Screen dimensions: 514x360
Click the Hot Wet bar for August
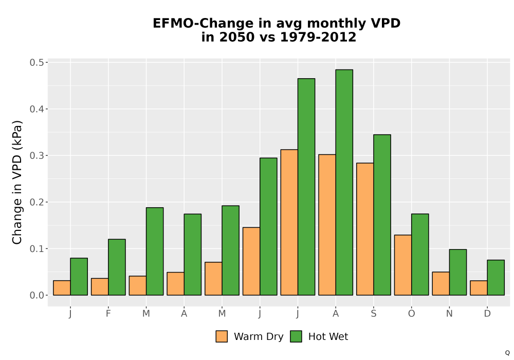(344, 182)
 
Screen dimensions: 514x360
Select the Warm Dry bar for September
(365, 229)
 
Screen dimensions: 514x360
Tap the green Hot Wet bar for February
(117, 267)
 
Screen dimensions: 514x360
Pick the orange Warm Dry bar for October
(403, 265)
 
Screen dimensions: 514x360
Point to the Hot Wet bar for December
(495, 278)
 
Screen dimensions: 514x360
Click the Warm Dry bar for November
(441, 283)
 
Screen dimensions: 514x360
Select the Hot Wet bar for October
(420, 255)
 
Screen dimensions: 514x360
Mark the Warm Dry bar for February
(100, 287)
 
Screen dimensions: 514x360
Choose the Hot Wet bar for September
(382, 215)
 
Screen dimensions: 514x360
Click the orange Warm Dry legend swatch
(222, 336)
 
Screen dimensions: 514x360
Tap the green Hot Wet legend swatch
(296, 336)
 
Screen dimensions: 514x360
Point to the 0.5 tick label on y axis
(36, 62)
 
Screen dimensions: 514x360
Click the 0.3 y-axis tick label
(36, 155)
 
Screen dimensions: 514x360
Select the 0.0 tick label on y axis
(36, 295)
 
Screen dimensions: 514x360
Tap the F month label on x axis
(108, 314)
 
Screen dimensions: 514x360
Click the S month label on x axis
(373, 314)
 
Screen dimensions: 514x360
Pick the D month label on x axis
(487, 314)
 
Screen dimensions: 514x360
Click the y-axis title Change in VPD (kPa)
(17, 183)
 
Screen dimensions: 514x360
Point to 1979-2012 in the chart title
(318, 37)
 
